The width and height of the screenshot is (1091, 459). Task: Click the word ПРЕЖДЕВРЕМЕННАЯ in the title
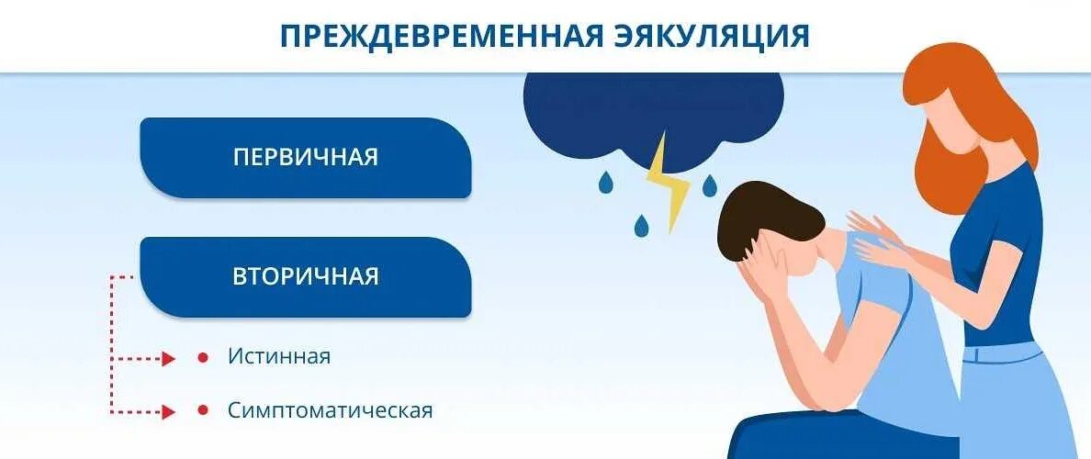click(442, 36)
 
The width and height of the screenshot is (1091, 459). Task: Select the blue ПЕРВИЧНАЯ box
click(305, 157)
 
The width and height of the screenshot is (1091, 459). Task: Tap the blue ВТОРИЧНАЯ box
click(305, 276)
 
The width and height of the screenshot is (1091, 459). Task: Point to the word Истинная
click(279, 356)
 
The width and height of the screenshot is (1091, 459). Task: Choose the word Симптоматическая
click(330, 410)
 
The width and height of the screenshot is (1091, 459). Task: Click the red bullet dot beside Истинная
click(202, 357)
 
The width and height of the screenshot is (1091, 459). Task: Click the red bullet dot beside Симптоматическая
click(202, 411)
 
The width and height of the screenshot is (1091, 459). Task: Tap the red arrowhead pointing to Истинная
click(168, 358)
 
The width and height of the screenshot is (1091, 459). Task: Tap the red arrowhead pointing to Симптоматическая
click(168, 411)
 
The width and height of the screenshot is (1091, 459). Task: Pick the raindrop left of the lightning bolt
click(605, 184)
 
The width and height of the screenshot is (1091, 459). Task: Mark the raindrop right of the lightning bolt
click(708, 186)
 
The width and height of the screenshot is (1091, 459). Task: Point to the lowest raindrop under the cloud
click(641, 223)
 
